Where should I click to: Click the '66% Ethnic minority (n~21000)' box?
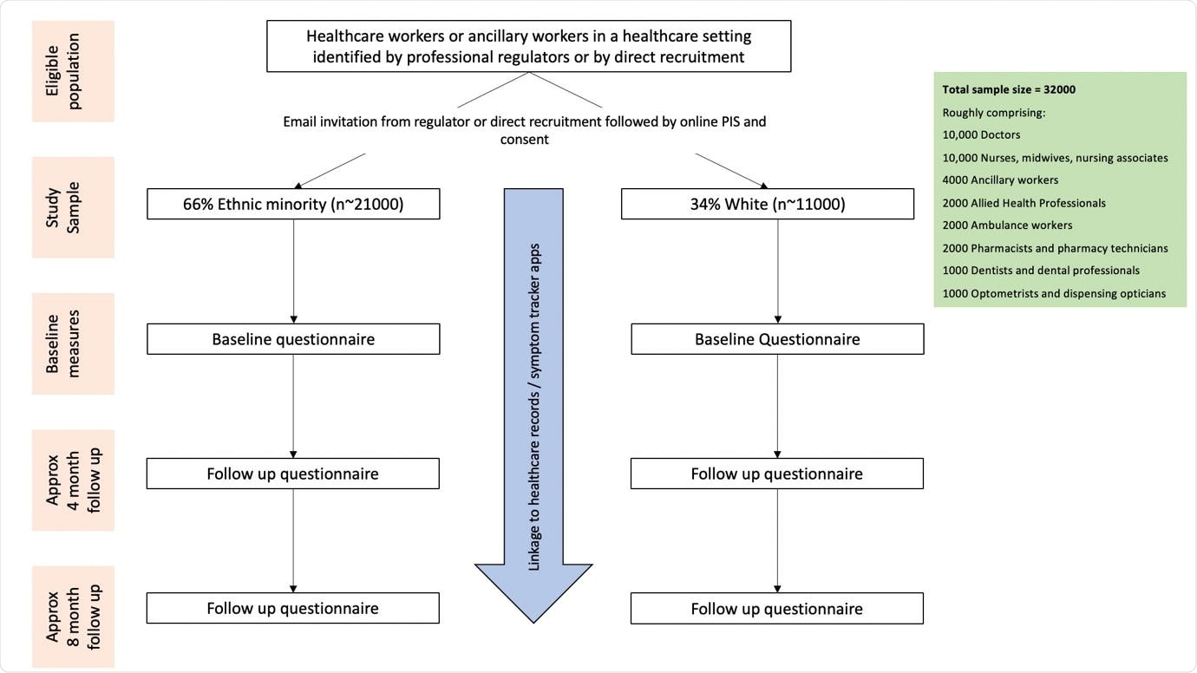(x=293, y=204)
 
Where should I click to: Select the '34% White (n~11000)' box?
(x=768, y=204)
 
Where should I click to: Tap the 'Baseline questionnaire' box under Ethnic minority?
(x=293, y=339)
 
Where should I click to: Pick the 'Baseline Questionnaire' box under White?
(x=777, y=339)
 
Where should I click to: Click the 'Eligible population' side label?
(x=74, y=71)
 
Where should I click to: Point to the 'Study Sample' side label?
(x=74, y=207)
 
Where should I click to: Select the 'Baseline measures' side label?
(x=74, y=343)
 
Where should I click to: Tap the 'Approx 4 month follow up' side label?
(x=74, y=480)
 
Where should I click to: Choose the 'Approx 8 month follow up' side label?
(x=74, y=617)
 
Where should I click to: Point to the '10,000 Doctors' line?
(x=981, y=134)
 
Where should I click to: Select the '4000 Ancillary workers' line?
(x=1000, y=180)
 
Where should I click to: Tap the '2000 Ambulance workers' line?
(x=1007, y=225)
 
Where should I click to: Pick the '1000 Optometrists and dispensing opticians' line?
(x=1053, y=293)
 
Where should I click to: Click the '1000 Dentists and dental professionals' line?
(x=1041, y=270)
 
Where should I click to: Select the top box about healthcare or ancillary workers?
(x=528, y=46)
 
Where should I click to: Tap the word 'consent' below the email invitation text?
(x=524, y=139)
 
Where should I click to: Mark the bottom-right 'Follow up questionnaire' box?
(x=777, y=609)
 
